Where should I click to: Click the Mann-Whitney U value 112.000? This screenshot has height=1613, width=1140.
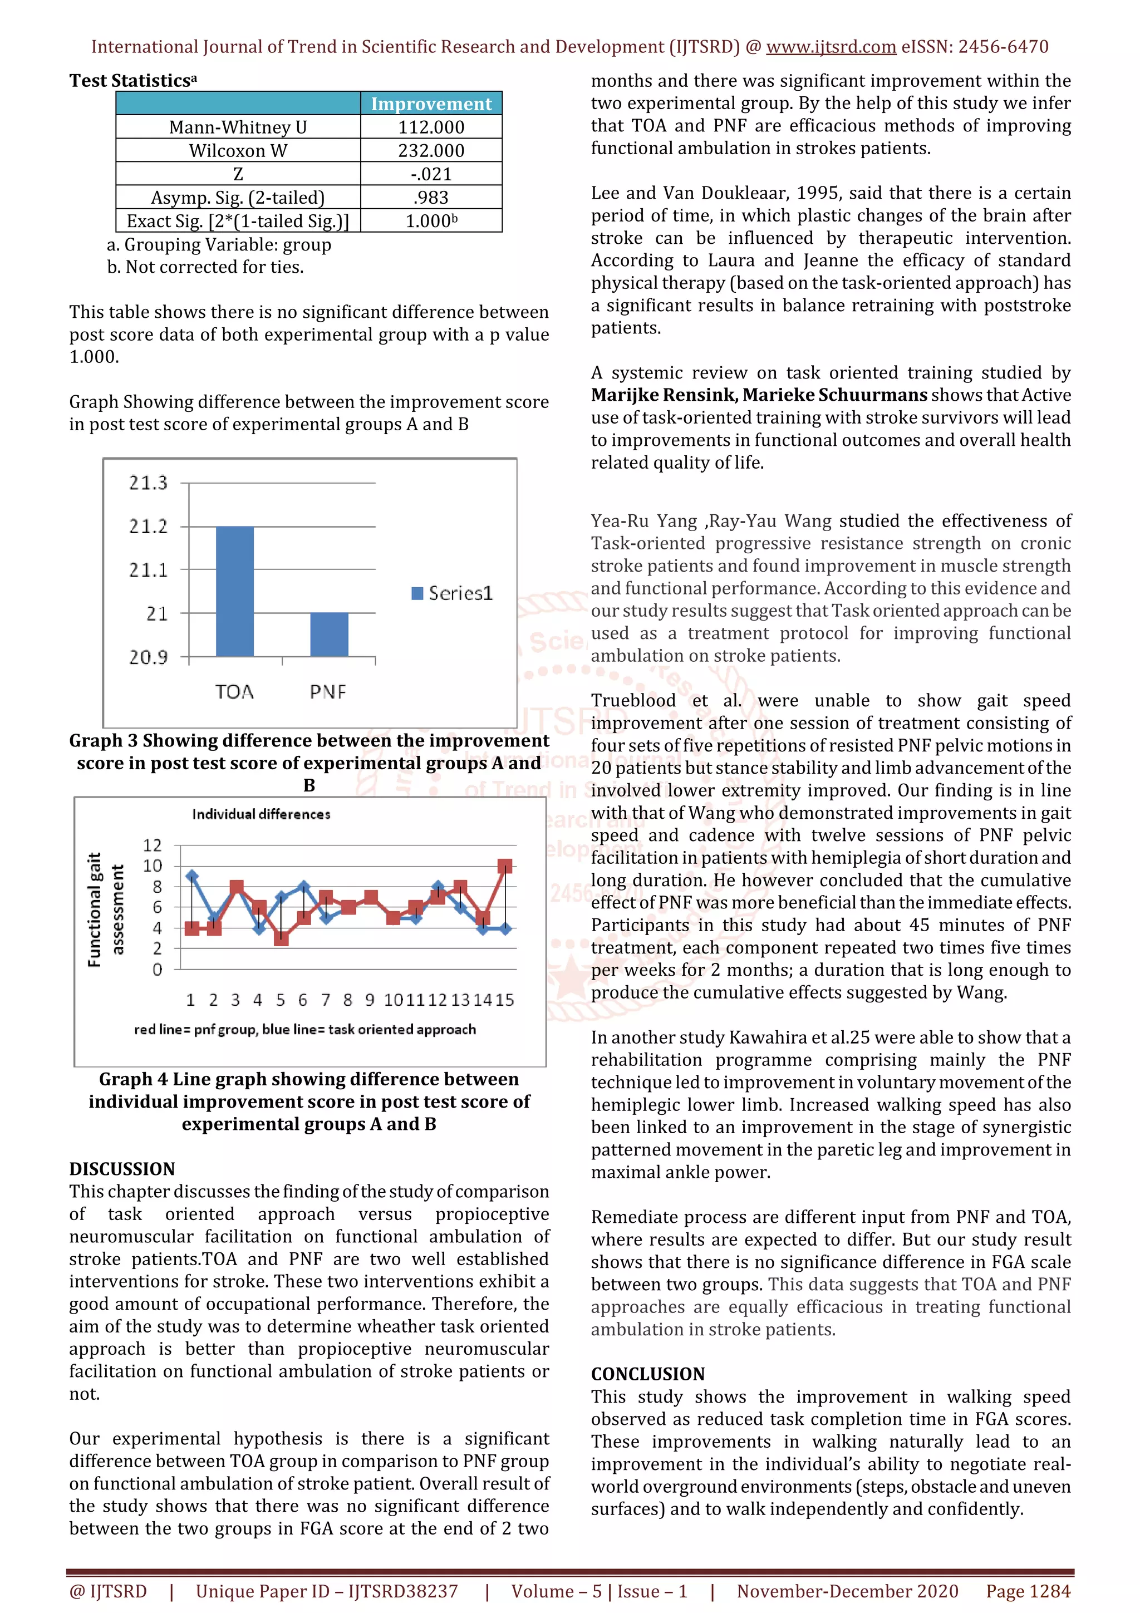[x=431, y=127]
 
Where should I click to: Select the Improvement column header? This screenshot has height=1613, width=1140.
[x=431, y=104]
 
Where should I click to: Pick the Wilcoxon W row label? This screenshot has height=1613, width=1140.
[x=238, y=150]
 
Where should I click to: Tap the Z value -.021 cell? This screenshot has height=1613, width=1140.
[x=431, y=174]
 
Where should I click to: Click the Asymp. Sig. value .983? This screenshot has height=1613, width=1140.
[x=431, y=198]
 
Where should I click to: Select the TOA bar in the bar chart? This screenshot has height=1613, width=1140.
[x=234, y=592]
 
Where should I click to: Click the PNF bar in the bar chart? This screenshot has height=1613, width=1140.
[x=329, y=635]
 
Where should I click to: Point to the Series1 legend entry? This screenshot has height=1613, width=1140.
[x=453, y=594]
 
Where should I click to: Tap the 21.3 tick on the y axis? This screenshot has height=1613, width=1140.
[x=148, y=483]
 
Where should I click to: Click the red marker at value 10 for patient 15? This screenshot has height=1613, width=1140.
[x=504, y=866]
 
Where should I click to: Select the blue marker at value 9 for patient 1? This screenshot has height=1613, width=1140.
[x=191, y=877]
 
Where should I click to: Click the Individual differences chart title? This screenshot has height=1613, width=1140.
[x=261, y=814]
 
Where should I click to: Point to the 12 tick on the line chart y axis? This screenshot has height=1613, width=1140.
[x=153, y=845]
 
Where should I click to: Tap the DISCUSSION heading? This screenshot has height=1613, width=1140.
[x=121, y=1169]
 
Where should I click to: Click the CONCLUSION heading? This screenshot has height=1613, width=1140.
[x=647, y=1374]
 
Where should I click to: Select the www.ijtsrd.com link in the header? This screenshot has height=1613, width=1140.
[x=831, y=47]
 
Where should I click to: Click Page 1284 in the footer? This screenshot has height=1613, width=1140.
[x=1028, y=1591]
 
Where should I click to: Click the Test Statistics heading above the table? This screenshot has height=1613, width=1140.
[x=132, y=81]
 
